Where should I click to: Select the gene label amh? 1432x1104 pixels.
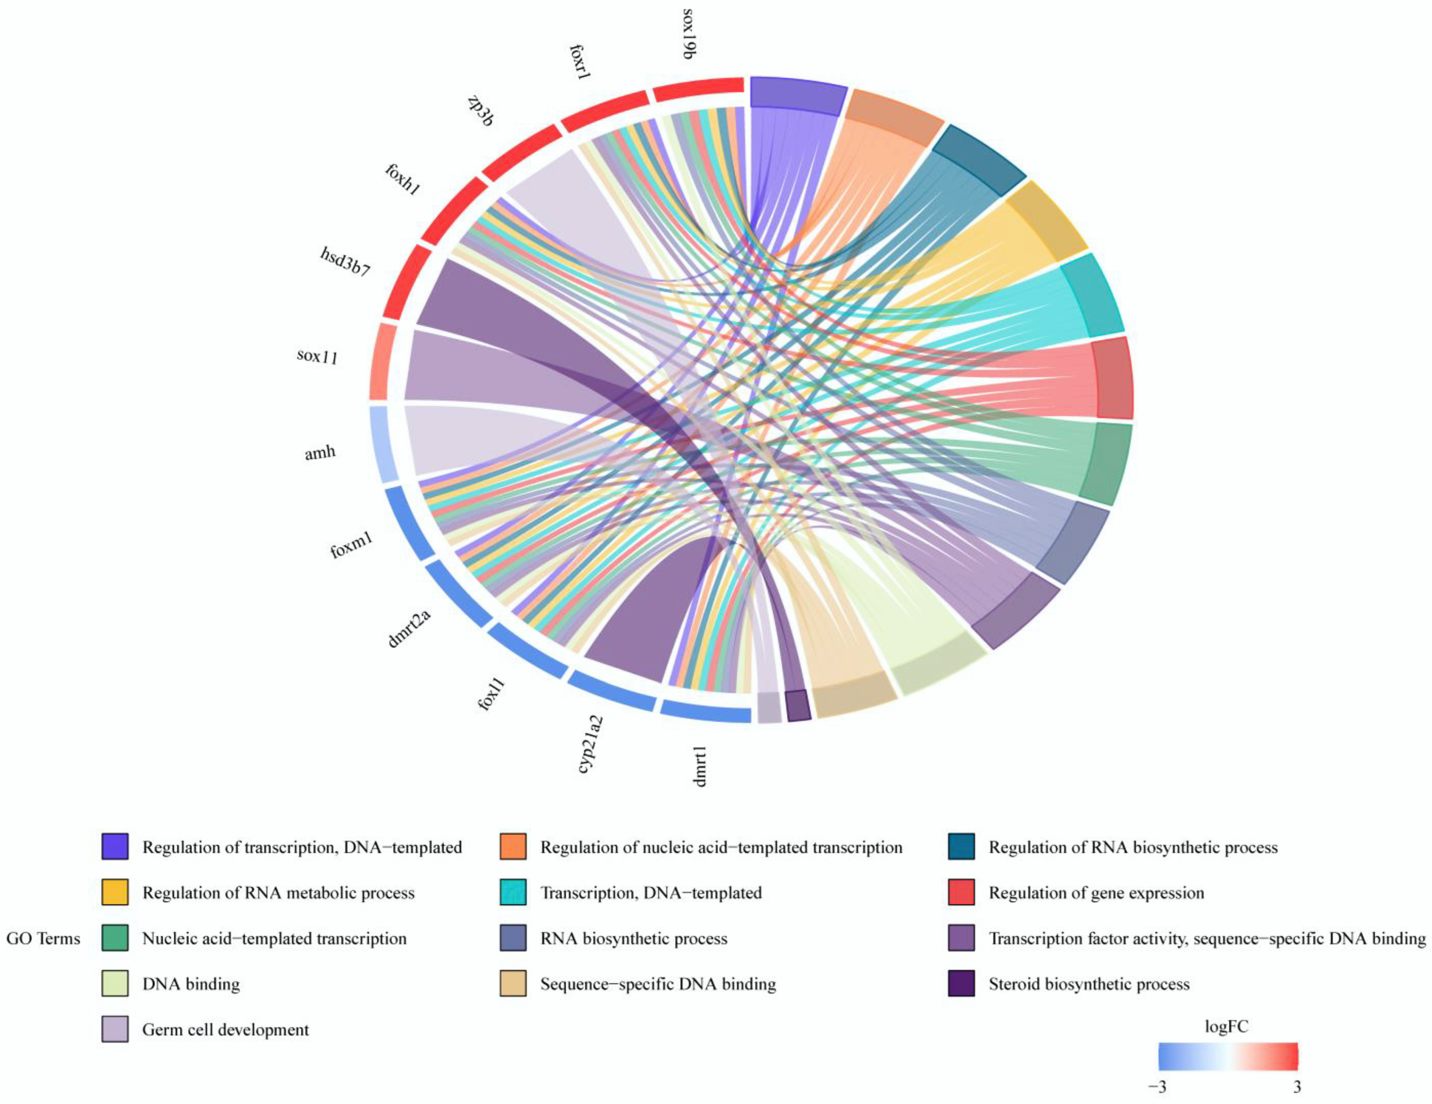click(320, 452)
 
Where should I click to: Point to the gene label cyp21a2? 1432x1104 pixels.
click(590, 744)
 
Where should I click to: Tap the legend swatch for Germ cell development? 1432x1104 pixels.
click(115, 1029)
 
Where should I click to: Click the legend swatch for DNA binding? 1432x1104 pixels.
click(115, 983)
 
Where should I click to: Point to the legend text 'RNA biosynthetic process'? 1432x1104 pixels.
click(633, 938)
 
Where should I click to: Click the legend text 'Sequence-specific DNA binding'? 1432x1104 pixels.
click(658, 983)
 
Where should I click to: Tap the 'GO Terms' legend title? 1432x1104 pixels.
click(43, 938)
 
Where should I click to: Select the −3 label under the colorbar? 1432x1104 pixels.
click(1157, 1086)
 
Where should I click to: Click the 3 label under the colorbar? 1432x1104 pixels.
click(1296, 1086)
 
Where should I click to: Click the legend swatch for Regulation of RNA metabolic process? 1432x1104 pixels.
click(115, 892)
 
